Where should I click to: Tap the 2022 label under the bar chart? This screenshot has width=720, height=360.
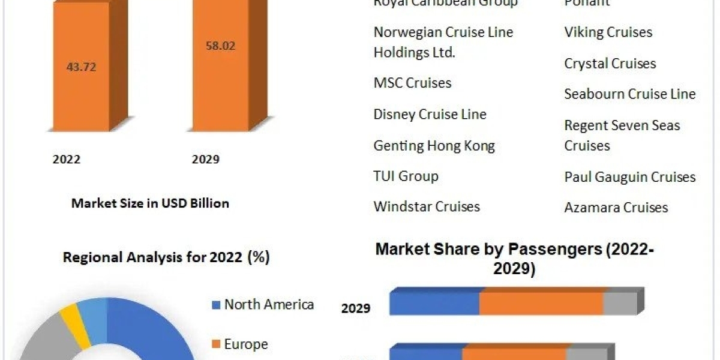coord(67,160)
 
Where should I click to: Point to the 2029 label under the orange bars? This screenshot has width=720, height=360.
coord(206,160)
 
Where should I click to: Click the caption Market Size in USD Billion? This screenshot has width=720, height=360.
coord(150,203)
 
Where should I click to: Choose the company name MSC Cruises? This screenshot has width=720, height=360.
coord(412,83)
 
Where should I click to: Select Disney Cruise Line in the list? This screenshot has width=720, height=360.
coord(430,114)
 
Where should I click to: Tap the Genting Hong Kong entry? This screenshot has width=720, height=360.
coord(434,145)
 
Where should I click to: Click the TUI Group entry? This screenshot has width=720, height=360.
coord(406,176)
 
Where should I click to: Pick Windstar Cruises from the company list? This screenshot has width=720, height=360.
coord(427,206)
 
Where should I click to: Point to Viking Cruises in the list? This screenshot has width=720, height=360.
coord(608,32)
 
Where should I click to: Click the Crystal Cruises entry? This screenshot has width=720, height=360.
coord(610,63)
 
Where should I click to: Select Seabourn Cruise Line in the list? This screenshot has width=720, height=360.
coord(629,94)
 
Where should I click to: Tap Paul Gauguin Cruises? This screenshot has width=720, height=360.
coord(629,177)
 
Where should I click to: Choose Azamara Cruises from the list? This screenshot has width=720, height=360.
coord(616,208)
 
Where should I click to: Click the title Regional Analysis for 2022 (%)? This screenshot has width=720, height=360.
coord(166,257)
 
